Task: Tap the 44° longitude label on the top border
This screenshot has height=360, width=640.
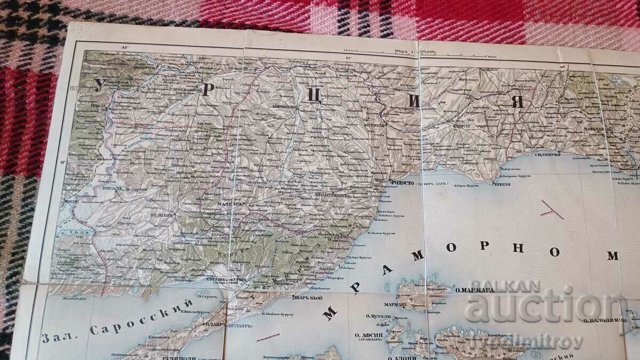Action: pyautogui.click(x=126, y=48)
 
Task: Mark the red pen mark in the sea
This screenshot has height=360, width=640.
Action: pyautogui.click(x=551, y=211)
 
